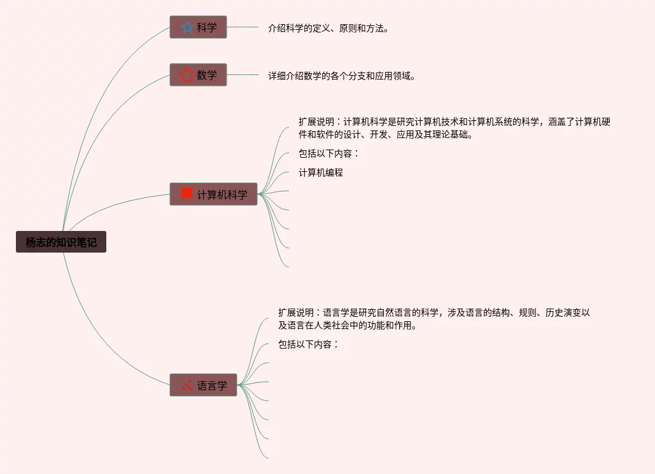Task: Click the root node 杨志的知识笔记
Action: [61, 242]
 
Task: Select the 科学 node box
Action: [198, 27]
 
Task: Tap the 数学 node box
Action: [198, 75]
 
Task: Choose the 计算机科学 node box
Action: [213, 194]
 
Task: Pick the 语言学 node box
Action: [203, 385]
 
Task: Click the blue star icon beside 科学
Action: [187, 27]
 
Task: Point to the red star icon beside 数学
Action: [187, 75]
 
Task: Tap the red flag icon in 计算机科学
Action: [187, 193]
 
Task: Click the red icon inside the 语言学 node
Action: [187, 385]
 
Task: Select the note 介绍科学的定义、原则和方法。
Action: [328, 28]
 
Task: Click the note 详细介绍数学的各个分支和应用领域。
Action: [342, 76]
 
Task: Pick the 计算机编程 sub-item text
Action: [321, 172]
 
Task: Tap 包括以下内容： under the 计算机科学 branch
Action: [329, 153]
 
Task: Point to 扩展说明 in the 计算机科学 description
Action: [316, 122]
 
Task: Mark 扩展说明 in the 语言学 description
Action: [296, 312]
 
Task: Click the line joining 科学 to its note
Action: [243, 27]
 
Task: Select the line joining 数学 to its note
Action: [243, 75]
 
